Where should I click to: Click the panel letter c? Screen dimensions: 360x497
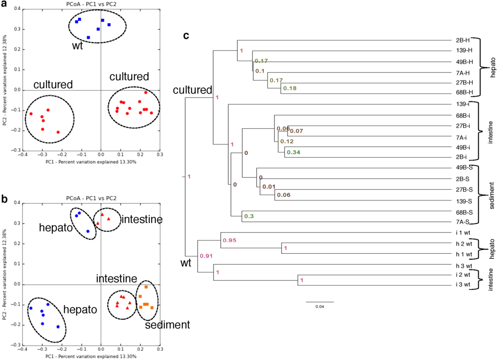[x=186, y=36]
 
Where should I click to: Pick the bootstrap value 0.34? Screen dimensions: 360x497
[x=294, y=153]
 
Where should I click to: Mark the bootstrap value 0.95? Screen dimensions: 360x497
[x=229, y=240]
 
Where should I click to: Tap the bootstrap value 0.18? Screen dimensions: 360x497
[x=290, y=88]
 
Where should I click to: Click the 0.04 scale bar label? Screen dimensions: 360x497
[x=319, y=306]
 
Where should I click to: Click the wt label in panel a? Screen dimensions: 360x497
[x=77, y=45]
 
